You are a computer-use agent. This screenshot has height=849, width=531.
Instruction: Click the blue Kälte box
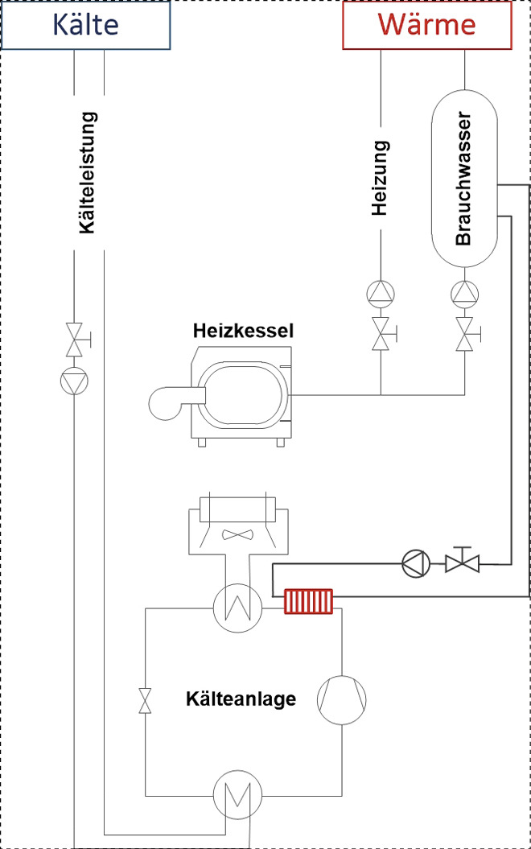point(86,24)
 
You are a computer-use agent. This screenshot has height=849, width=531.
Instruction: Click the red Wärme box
point(427,24)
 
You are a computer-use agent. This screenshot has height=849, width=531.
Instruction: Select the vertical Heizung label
point(381,179)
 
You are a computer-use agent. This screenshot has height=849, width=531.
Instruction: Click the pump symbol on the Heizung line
point(381,292)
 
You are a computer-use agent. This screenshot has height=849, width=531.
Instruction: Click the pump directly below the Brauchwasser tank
point(464,292)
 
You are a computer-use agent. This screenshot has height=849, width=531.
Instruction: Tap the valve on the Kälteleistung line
point(76,340)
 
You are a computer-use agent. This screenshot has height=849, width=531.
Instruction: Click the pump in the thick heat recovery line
point(415,561)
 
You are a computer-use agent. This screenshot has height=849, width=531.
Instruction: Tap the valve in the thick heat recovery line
point(462,560)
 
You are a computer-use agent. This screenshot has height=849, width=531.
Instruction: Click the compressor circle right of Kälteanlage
point(341,698)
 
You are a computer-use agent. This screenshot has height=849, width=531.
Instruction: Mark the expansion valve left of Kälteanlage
point(145,700)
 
